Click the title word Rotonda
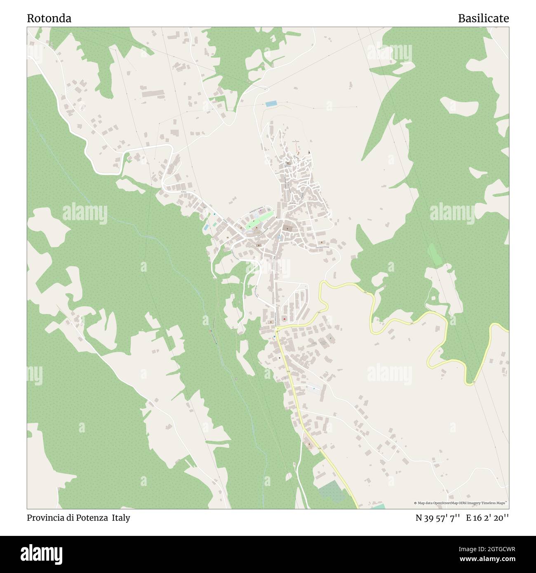pyautogui.click(x=49, y=19)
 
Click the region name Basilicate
pyautogui.click(x=483, y=19)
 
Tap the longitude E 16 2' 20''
pyautogui.click(x=487, y=518)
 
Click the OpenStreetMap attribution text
pyautogui.click(x=461, y=503)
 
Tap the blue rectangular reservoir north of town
pyautogui.click(x=271, y=104)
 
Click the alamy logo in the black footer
pyautogui.click(x=42, y=554)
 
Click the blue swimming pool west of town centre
pyautogui.click(x=206, y=227)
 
